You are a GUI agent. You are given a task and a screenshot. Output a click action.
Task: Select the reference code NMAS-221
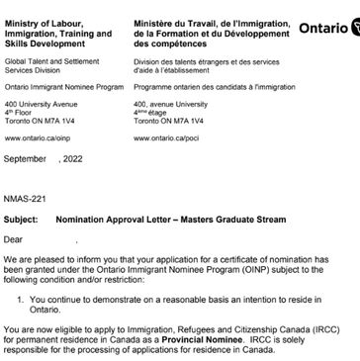pos(24,197)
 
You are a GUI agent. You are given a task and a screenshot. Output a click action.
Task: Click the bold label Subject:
pos(22,218)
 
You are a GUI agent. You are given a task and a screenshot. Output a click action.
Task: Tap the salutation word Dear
pos(14,238)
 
